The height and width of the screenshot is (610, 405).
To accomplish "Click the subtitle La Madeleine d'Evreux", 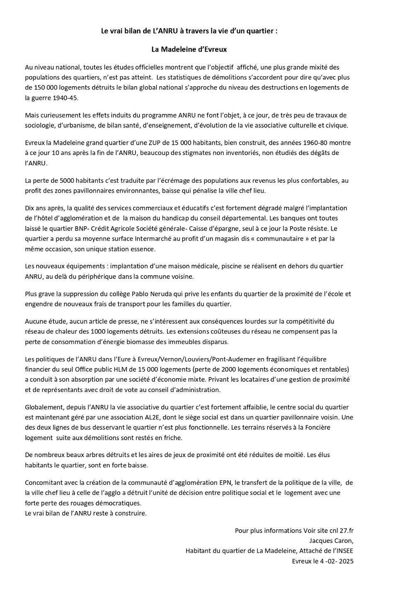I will (189, 49).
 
